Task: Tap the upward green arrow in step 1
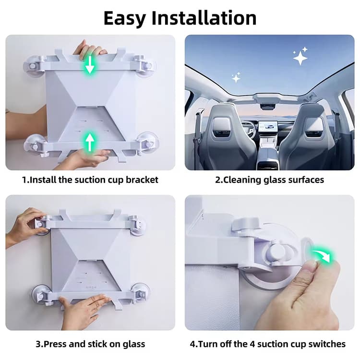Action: pyautogui.click(x=90, y=142)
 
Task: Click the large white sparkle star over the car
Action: pyautogui.click(x=300, y=57)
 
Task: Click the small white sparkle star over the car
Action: pyautogui.click(x=236, y=77)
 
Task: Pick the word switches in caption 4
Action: pyautogui.click(x=328, y=344)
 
